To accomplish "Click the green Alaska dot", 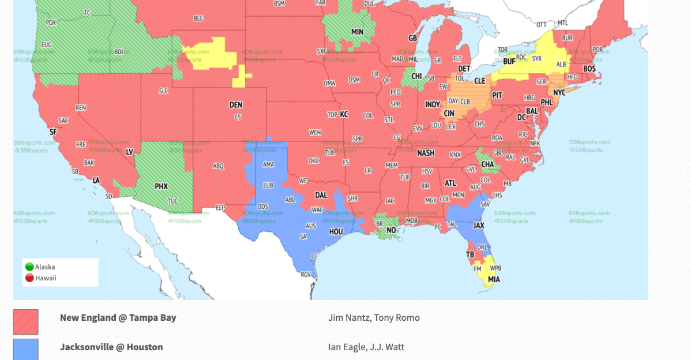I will pyautogui.click(x=29, y=267).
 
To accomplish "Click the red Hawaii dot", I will pyautogui.click(x=29, y=278).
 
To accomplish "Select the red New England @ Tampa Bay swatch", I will pyautogui.click(x=25, y=322).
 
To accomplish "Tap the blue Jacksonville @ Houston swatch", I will pyautogui.click(x=25, y=350).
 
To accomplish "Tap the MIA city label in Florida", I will pyautogui.click(x=494, y=280).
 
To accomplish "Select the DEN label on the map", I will pyautogui.click(x=236, y=105).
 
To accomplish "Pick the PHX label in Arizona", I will pyautogui.click(x=161, y=186).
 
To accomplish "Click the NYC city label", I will pyautogui.click(x=559, y=92).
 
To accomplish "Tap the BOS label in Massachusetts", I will pyautogui.click(x=589, y=69).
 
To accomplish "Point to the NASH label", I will pyautogui.click(x=426, y=153).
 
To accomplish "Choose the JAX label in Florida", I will pyautogui.click(x=479, y=226).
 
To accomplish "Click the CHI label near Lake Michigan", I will pyautogui.click(x=416, y=76).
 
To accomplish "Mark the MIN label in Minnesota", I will pyautogui.click(x=357, y=32).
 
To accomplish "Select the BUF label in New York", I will pyautogui.click(x=509, y=61).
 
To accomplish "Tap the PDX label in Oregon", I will pyautogui.click(x=51, y=23).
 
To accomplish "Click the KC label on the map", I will pyautogui.click(x=344, y=114).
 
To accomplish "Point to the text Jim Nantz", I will pyautogui.click(x=351, y=318).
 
